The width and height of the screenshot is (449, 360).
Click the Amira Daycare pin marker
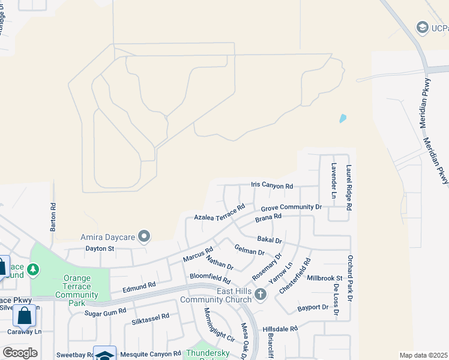[x=143, y=236]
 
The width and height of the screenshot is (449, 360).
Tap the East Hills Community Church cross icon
[x=260, y=294]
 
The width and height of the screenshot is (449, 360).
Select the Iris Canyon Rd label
[x=271, y=187]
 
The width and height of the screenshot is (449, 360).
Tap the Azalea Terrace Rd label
[x=219, y=213]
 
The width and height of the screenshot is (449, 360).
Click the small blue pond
[x=343, y=118]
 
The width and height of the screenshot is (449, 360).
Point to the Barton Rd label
[x=53, y=217]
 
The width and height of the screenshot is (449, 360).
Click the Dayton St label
[x=100, y=248]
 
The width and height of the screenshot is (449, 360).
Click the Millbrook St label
[x=324, y=278]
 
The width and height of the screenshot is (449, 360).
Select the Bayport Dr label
[x=313, y=308]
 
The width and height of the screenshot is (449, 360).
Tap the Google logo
[x=20, y=352]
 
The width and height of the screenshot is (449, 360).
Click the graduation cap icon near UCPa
[x=423, y=28]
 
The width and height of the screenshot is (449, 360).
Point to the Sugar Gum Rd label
[x=105, y=312]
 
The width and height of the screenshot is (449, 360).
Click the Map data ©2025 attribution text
[x=424, y=355]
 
